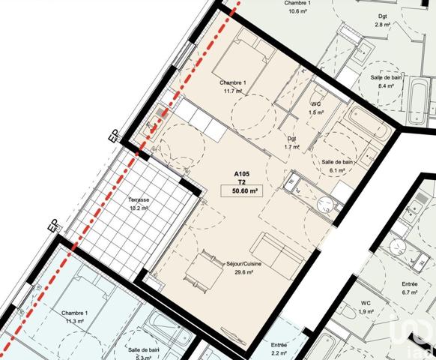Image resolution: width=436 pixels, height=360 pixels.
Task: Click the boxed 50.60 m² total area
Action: [241, 191]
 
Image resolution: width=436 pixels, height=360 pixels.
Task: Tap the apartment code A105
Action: [241, 173]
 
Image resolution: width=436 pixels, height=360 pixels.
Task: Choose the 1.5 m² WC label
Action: [316, 108]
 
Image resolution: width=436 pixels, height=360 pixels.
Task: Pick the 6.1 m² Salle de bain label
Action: [337, 166]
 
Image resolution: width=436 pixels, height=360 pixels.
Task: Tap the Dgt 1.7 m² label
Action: [291, 142]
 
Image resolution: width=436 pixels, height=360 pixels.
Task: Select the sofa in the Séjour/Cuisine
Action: [277, 254]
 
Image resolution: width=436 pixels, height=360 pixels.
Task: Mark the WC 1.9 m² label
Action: [366, 307]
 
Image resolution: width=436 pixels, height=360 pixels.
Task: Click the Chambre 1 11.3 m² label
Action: [75, 316]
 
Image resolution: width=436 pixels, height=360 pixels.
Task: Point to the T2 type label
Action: [241, 181]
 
